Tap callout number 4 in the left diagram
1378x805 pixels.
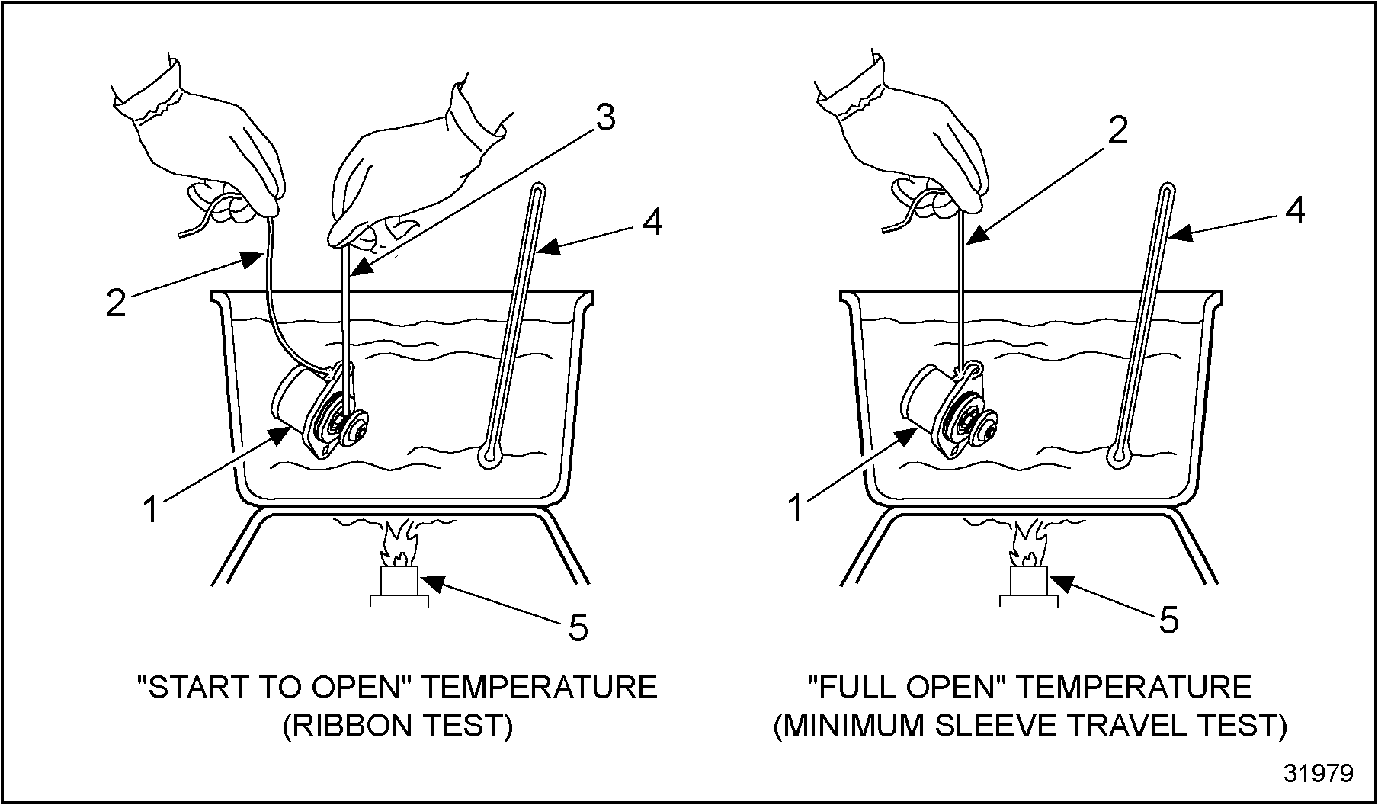[x=651, y=223]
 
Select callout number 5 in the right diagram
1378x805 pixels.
[x=1169, y=620]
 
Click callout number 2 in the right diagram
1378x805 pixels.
[x=1117, y=132]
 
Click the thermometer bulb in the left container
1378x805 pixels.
[x=488, y=457]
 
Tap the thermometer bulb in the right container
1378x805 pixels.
[x=1118, y=457]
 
